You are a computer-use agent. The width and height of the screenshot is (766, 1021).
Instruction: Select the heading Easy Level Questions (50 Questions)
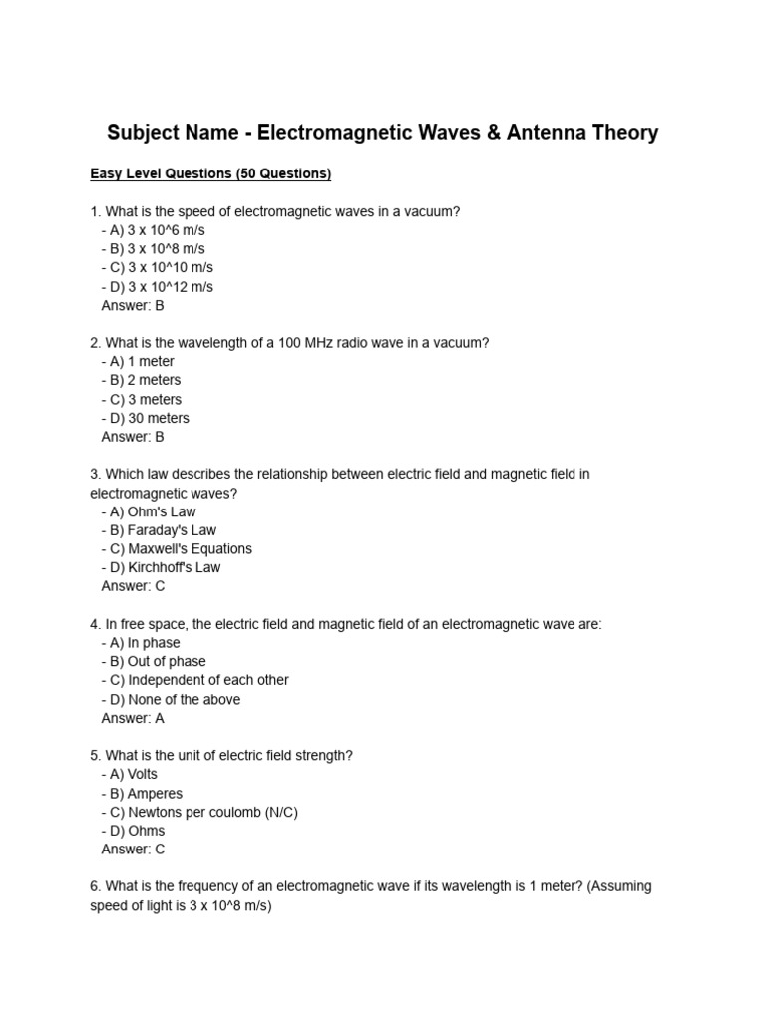[x=210, y=174]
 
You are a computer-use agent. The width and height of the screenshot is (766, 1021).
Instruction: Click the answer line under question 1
[x=133, y=306]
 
